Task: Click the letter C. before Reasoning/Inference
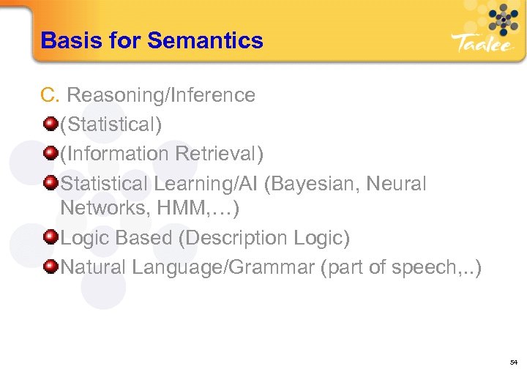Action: [50, 95]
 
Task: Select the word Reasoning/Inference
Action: [161, 95]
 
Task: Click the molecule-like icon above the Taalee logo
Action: [498, 18]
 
